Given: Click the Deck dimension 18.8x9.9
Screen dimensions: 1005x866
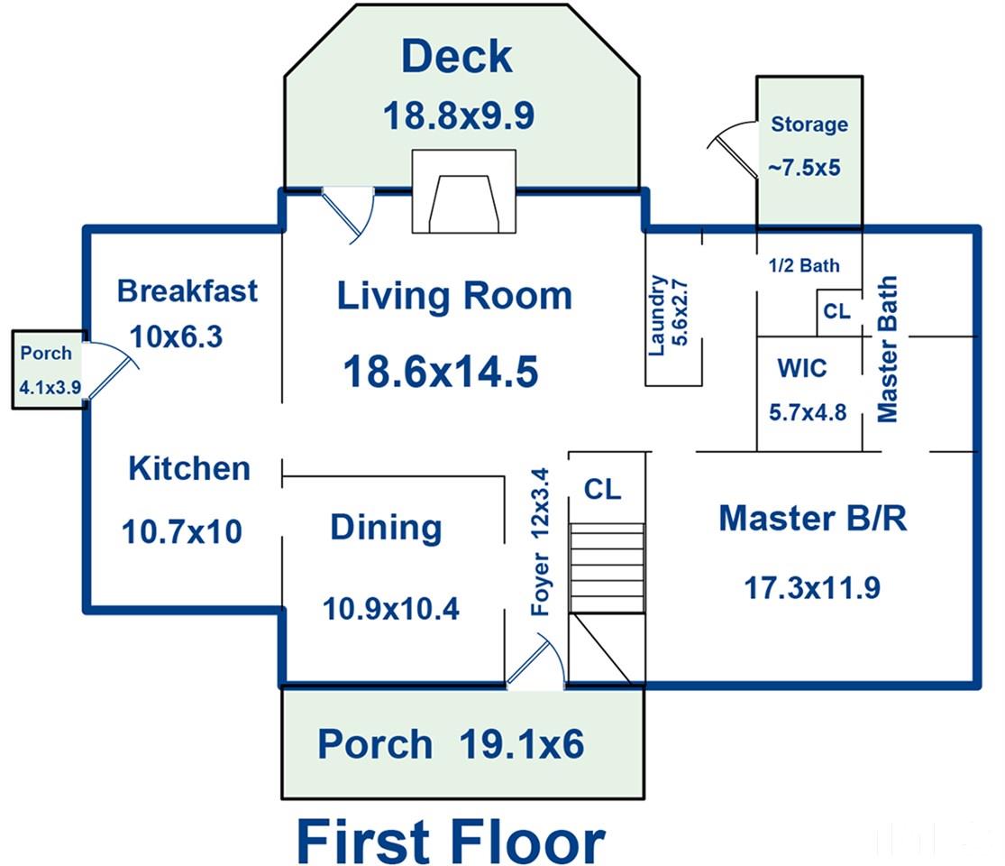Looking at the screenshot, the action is [458, 116].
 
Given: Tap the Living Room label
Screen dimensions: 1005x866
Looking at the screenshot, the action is [454, 296].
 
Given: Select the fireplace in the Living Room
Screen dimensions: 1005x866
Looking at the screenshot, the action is [463, 191].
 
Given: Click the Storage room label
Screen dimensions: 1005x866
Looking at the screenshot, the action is [809, 124].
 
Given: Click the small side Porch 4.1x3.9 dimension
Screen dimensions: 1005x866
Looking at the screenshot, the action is [50, 388].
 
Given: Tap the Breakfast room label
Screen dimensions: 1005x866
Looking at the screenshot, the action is [187, 290].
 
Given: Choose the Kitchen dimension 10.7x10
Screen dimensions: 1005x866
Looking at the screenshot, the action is [182, 532].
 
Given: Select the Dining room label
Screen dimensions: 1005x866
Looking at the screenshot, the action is [386, 528].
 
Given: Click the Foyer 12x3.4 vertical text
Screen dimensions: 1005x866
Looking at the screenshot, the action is [540, 542].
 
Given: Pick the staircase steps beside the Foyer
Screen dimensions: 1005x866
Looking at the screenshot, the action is [607, 567].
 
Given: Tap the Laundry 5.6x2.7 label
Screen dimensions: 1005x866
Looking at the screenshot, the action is [668, 315].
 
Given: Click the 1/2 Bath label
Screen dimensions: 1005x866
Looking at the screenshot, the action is [804, 265].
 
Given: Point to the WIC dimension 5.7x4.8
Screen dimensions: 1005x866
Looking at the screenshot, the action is [808, 412].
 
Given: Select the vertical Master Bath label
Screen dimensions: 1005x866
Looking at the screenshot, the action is [887, 350].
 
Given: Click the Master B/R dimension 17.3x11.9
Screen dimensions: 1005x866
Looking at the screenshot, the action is [812, 587].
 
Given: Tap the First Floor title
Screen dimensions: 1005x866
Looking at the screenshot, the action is [451, 841].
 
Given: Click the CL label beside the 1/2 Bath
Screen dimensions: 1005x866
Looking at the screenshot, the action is [837, 311].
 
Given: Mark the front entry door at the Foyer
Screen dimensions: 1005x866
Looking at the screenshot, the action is [535, 660].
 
